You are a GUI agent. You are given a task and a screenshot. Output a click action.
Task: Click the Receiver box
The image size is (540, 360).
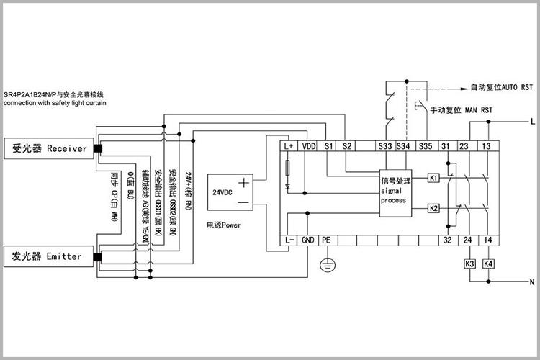click(x=49, y=149)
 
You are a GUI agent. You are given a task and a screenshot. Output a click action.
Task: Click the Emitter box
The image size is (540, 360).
click(x=49, y=256)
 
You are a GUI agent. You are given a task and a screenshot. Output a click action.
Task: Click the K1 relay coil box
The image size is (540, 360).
click(x=433, y=177)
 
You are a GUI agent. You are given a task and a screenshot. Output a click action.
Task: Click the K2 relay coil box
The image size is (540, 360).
click(x=433, y=208)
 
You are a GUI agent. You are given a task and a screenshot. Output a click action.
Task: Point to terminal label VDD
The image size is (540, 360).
click(x=309, y=146)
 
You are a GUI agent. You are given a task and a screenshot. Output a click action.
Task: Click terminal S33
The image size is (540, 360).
click(x=384, y=146)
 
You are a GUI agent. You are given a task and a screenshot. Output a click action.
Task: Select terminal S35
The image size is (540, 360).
click(x=425, y=146)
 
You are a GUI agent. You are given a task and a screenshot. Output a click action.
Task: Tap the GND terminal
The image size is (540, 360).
click(x=308, y=240)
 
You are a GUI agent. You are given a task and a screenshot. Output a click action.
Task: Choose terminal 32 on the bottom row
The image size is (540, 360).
click(x=447, y=240)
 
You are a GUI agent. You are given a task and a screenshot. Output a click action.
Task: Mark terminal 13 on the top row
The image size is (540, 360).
click(x=487, y=146)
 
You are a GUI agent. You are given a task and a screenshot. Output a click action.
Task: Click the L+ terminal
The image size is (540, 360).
click(x=289, y=146)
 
